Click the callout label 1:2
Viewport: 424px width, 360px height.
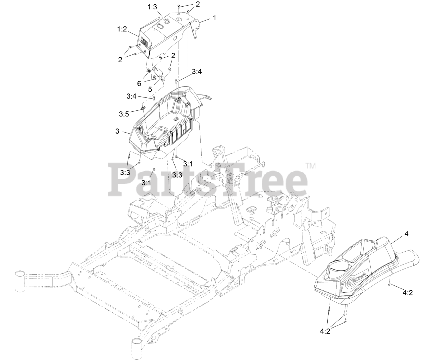pyautogui.click(x=122, y=30)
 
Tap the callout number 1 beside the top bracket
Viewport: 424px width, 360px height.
pyautogui.click(x=214, y=18)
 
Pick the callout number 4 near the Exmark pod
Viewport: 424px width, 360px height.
pyautogui.click(x=406, y=234)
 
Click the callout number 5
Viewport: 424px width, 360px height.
pyautogui.click(x=150, y=89)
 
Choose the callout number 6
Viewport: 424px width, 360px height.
pyautogui.click(x=139, y=84)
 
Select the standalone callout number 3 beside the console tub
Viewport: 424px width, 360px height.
pyautogui.click(x=117, y=131)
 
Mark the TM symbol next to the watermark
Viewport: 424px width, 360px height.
pyautogui.click(x=310, y=166)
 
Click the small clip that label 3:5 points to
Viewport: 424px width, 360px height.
pyautogui.click(x=143, y=107)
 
